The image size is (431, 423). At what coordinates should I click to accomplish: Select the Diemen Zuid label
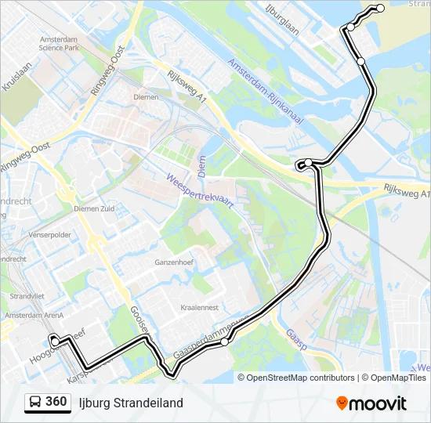(94, 209)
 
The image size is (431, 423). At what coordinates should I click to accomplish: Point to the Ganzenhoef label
(174, 262)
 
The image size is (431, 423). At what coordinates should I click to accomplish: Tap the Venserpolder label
(49, 234)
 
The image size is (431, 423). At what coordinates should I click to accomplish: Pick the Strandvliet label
(27, 296)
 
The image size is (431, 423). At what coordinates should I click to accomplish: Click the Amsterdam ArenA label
(32, 315)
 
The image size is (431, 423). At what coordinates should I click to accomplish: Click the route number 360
(56, 402)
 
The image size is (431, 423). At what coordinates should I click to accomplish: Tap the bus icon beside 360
(35, 403)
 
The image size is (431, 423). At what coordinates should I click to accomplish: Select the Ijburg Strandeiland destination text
(131, 403)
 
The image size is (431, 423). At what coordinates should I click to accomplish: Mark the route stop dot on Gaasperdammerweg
(225, 342)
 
